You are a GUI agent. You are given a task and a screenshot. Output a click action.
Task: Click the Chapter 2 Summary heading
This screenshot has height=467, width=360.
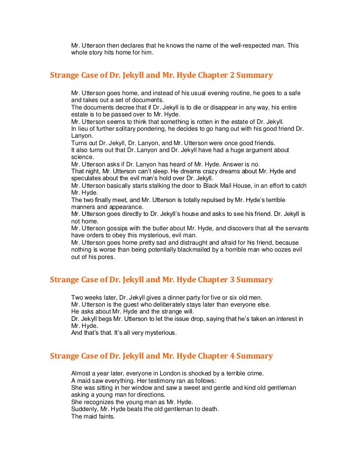tap(161, 76)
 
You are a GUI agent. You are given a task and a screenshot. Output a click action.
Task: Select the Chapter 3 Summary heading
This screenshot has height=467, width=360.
tap(161, 280)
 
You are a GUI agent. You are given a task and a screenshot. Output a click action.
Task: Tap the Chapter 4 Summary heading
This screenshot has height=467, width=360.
tap(161, 356)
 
